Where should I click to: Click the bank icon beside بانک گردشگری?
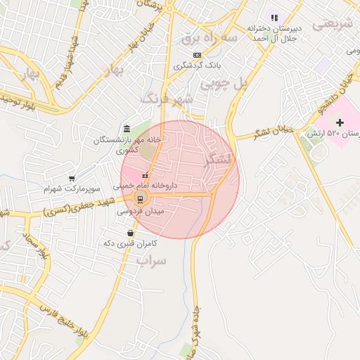(197, 55)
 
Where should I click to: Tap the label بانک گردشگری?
(198, 65)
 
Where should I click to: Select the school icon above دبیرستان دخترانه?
(274, 17)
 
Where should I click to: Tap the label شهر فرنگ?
(167, 98)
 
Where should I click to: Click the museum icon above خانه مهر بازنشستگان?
(126, 129)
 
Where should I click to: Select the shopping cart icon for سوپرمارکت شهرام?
(72, 179)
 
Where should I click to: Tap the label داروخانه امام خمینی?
(146, 186)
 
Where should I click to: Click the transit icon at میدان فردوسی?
(140, 199)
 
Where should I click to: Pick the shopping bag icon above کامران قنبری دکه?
(130, 233)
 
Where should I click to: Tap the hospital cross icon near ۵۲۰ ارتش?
(340, 123)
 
